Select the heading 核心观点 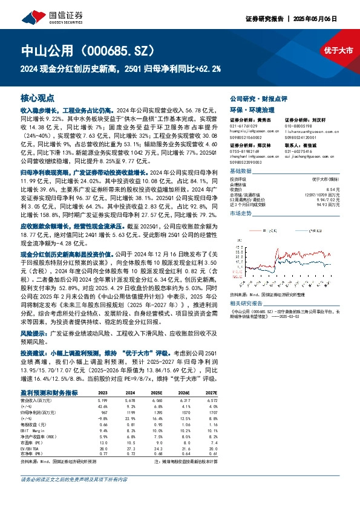point(38,98)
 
